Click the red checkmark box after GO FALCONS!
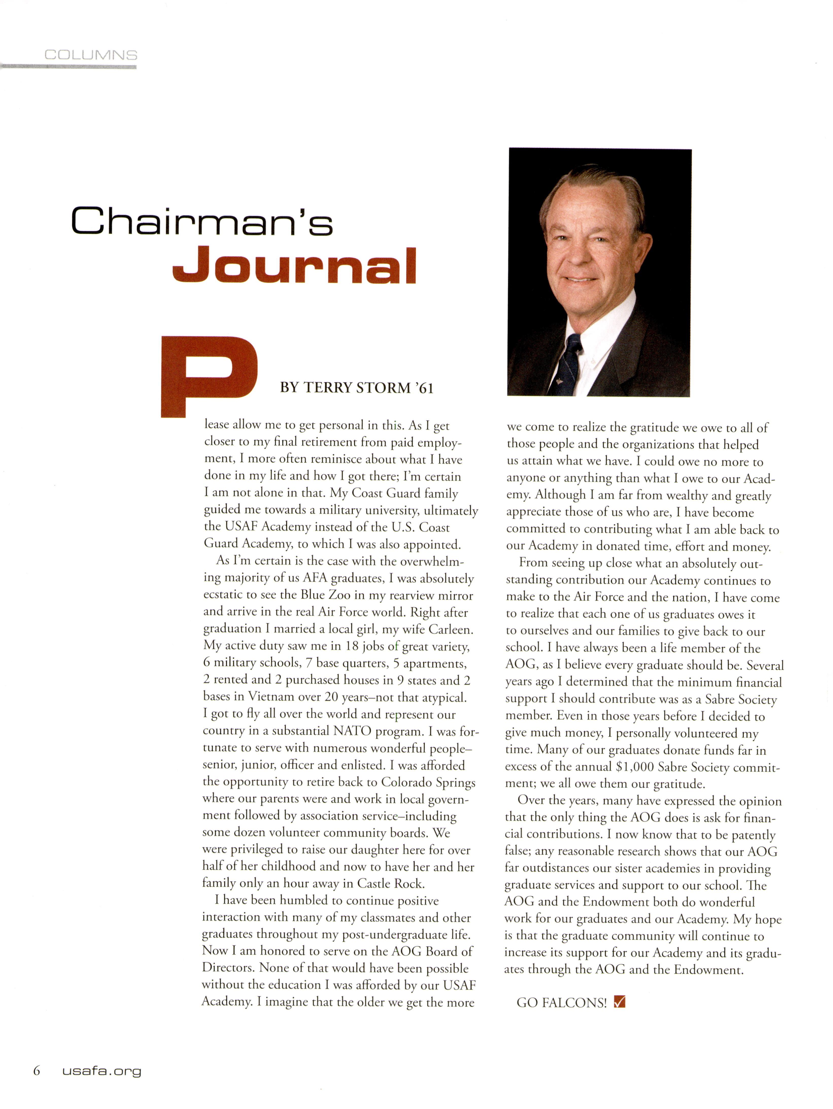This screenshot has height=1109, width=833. [620, 1002]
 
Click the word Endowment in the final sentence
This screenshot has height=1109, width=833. [708, 969]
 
